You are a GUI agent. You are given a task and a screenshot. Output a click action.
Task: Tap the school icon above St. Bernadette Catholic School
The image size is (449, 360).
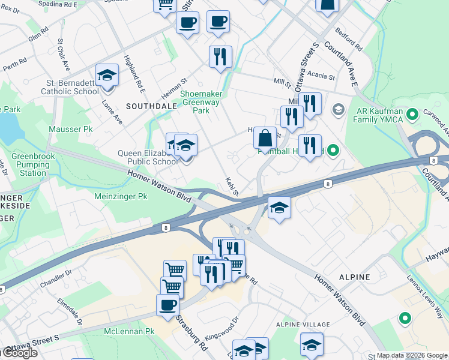pos(107,75)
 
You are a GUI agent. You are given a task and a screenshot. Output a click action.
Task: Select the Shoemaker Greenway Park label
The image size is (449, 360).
pos(204,102)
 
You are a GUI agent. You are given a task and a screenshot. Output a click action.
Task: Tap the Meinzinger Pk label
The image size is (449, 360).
pos(121,196)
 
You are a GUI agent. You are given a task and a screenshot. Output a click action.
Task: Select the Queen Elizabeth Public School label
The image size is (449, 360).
pos(148,157)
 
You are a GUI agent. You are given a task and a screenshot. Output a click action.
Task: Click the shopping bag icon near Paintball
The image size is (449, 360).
pos(265,139)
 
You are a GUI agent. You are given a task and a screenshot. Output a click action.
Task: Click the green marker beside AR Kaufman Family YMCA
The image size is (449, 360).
pos(412,114)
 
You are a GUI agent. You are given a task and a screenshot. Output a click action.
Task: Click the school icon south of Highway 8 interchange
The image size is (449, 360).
pos(277,208)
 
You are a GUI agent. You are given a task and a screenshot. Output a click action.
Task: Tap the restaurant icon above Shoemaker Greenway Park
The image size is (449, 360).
pos(220,57)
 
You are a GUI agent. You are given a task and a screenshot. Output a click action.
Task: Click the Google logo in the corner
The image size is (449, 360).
pos(19,353)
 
